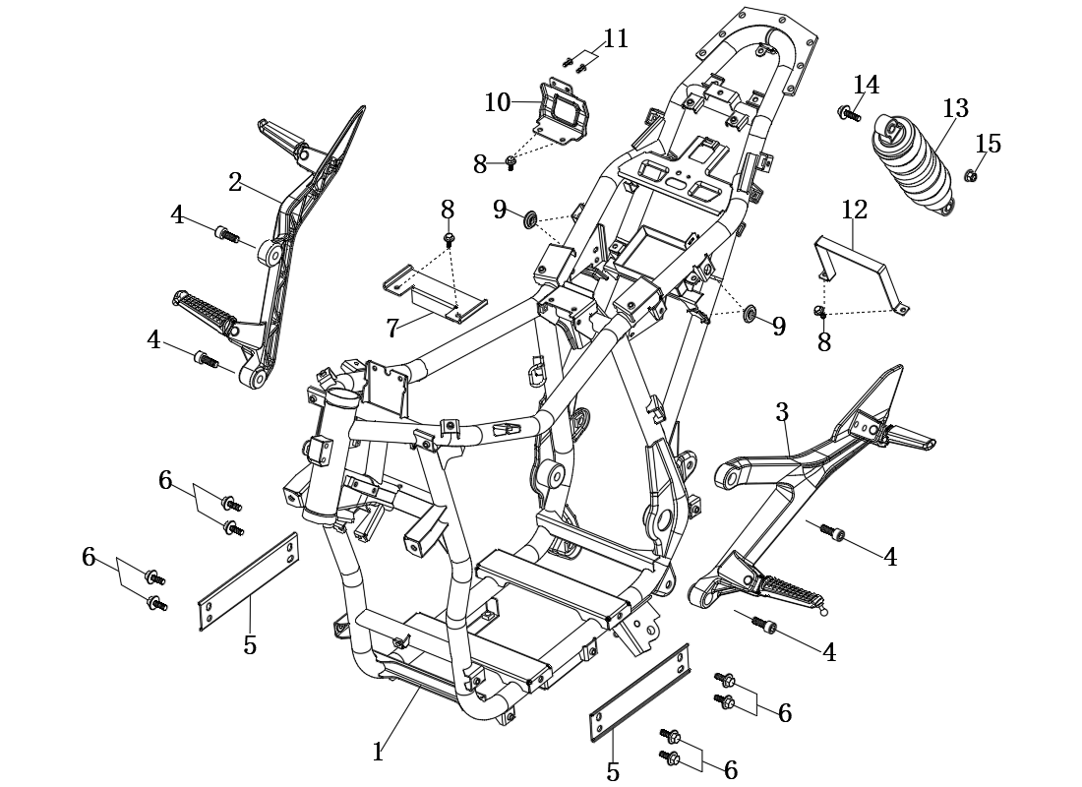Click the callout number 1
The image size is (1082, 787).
378,752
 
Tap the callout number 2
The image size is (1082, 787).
235,182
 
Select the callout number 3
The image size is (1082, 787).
782,412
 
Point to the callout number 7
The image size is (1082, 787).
391,329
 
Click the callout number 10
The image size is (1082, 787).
498,102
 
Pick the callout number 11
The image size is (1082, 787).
616,39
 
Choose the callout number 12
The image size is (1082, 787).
854,210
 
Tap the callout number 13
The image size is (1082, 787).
956,108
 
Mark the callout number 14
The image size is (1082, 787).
867,85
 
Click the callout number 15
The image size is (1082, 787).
988,144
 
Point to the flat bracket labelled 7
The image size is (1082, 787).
435,294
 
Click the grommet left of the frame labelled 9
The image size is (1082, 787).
530,219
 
